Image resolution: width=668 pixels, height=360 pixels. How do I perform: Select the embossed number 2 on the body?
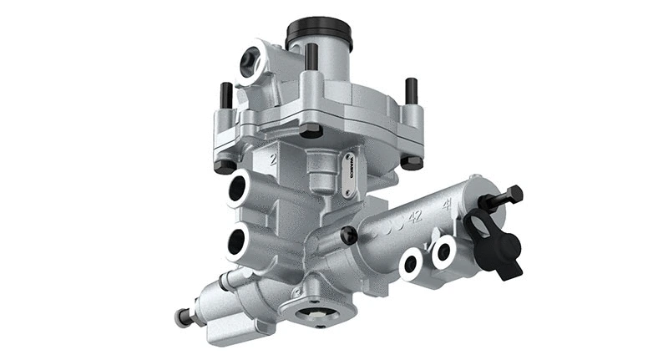click(273, 158)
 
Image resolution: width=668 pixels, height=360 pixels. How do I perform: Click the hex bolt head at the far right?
click(513, 195)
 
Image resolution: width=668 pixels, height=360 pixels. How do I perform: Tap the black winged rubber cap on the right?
click(495, 242)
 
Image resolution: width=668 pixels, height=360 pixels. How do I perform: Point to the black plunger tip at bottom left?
click(180, 317)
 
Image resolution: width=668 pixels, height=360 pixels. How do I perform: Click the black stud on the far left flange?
click(225, 94)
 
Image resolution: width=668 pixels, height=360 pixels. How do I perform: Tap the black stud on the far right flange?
click(410, 89)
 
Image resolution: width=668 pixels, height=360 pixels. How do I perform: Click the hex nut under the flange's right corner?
click(411, 162)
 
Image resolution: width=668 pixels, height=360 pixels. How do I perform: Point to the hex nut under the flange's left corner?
click(225, 165)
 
